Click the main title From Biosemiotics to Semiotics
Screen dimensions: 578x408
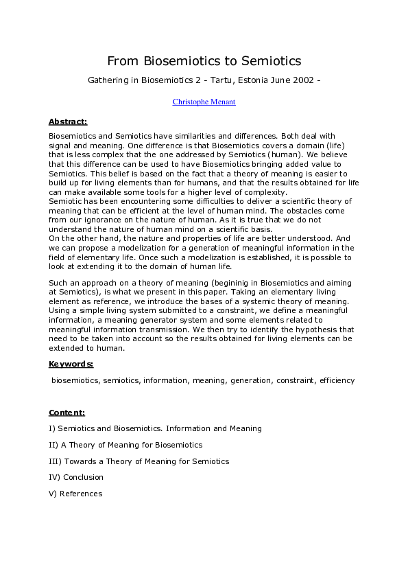pyautogui.click(x=204, y=61)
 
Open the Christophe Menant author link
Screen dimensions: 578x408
pyautogui.click(x=204, y=102)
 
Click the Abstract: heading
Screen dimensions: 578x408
pyautogui.click(x=67, y=122)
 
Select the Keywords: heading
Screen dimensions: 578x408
pyautogui.click(x=71, y=364)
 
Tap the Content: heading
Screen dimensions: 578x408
pyautogui.click(x=67, y=413)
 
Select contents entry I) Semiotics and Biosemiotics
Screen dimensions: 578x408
pyautogui.click(x=155, y=428)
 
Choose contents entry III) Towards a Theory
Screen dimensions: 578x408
pyautogui.click(x=139, y=461)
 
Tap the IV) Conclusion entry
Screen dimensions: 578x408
pyautogui.click(x=75, y=477)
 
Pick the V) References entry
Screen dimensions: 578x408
pyautogui.click(x=75, y=494)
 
